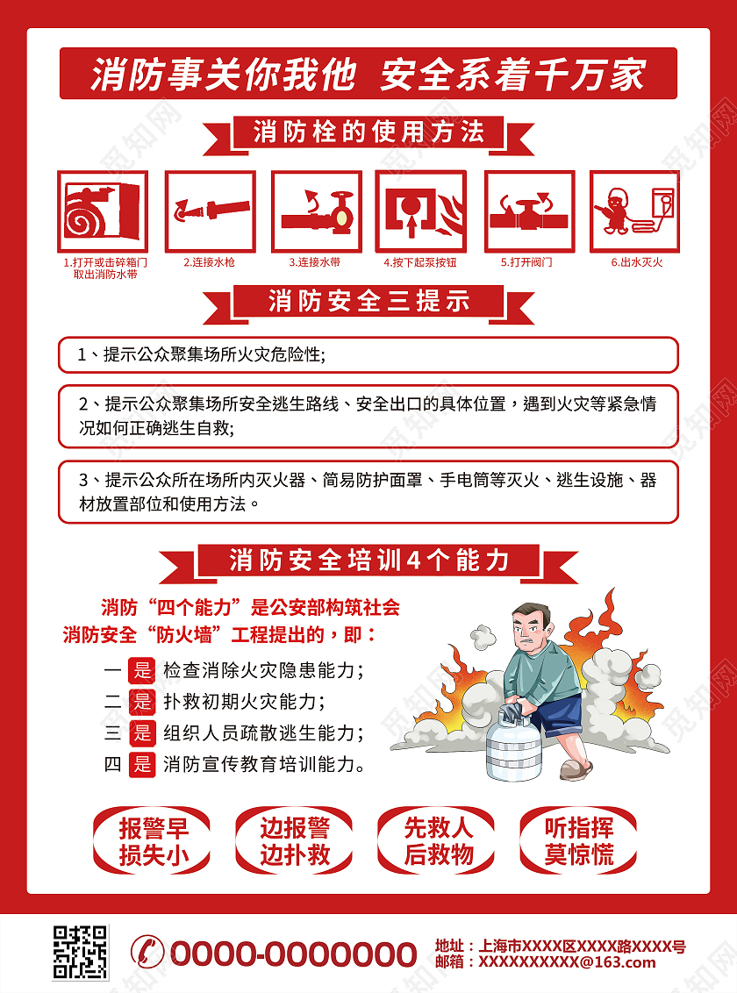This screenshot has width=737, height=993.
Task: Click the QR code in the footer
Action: (x=81, y=952)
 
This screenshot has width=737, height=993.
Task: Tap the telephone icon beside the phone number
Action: (x=147, y=952)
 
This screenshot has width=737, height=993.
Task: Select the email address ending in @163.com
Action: (x=568, y=962)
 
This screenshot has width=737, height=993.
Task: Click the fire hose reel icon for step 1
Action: (x=103, y=211)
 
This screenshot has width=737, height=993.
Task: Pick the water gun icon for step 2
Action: (x=211, y=211)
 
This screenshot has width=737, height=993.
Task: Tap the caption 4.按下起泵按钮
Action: (x=419, y=262)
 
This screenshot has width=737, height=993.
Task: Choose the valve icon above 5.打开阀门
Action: (x=529, y=211)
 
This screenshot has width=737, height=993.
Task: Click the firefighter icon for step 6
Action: (x=634, y=211)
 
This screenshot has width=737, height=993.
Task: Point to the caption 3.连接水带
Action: (x=315, y=262)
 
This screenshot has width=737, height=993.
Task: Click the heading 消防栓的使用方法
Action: (x=368, y=132)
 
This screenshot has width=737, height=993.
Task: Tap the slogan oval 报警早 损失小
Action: (x=152, y=841)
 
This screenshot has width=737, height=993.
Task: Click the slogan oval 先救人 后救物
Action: (x=436, y=841)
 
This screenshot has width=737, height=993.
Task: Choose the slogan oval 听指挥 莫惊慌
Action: (x=579, y=841)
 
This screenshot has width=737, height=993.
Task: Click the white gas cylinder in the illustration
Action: (x=514, y=745)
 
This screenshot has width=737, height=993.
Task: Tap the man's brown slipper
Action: (x=576, y=769)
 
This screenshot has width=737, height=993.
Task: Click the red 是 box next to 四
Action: (x=142, y=764)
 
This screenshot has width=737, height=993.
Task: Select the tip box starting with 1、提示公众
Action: (x=368, y=354)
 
